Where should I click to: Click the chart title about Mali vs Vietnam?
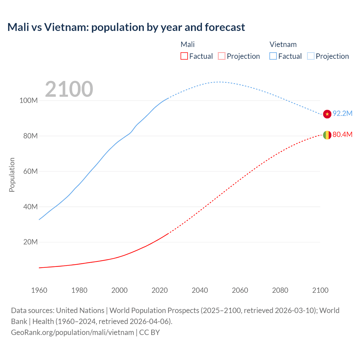point(126,27)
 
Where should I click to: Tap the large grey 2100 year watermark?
point(69,89)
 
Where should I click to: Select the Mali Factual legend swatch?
point(184,56)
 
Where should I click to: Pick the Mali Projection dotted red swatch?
point(222,56)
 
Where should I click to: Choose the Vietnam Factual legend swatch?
point(273,56)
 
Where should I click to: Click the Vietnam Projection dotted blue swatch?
point(310,56)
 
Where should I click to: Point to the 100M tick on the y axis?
point(28,100)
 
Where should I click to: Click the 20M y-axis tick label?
point(30,242)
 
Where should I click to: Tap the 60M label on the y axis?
point(30,171)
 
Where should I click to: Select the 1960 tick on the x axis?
point(39,290)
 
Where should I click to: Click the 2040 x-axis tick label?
point(200,290)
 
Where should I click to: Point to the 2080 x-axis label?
point(280,290)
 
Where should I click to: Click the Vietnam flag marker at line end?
point(327,114)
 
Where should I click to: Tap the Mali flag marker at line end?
point(327,135)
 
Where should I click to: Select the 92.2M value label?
point(342,113)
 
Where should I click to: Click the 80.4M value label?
point(342,134)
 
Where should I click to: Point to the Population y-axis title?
point(12,175)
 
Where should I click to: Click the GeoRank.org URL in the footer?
point(73,332)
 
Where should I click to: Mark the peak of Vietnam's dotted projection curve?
point(219,82)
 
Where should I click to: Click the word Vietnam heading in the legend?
point(283,44)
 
